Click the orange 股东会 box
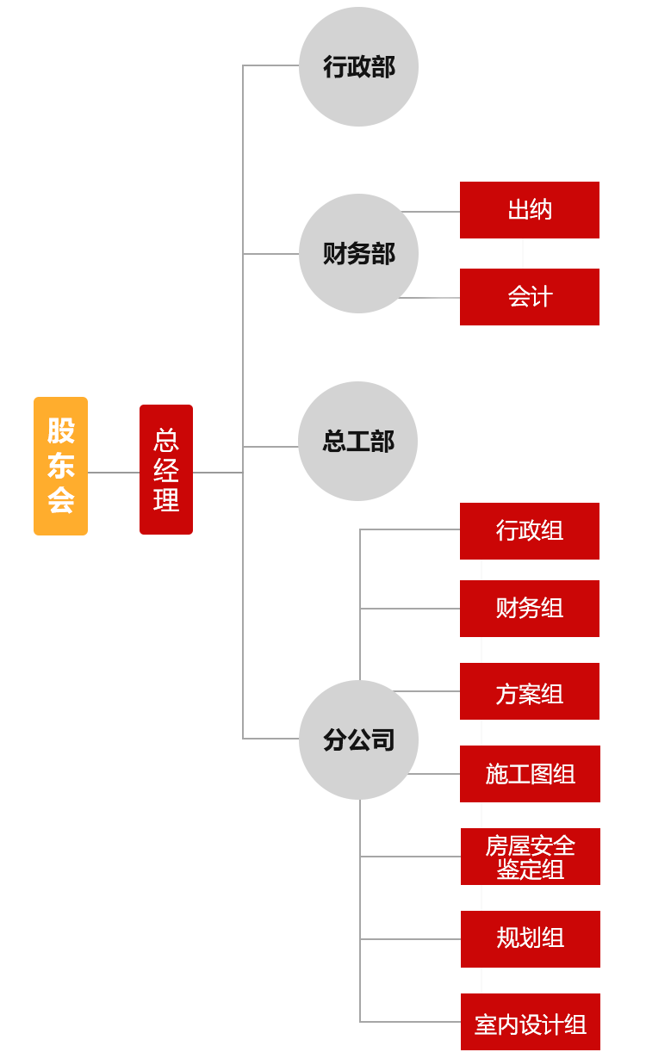(60, 466)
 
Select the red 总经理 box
(166, 469)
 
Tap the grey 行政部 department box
(358, 67)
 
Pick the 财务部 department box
(358, 253)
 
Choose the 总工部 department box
(357, 441)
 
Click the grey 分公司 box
(358, 739)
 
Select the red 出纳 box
(530, 210)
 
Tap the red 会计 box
(530, 297)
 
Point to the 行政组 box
(530, 531)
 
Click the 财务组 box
(530, 609)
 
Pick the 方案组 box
(530, 691)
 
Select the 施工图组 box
(530, 774)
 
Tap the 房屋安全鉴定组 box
(530, 857)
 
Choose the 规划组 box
(530, 938)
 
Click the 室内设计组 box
(530, 1022)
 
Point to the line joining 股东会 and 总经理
(114, 472)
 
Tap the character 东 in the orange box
(60, 466)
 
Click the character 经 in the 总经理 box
(166, 470)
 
